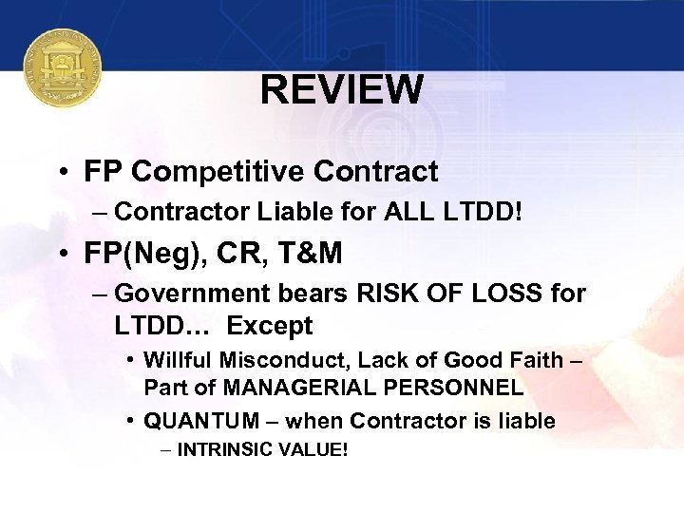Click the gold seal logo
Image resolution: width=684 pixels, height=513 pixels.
pyautogui.click(x=63, y=67)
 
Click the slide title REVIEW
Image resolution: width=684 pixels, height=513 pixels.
pyautogui.click(x=342, y=90)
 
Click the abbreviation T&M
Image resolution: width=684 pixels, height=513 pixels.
pyautogui.click(x=312, y=255)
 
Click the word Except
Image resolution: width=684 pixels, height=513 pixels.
pyautogui.click(x=270, y=326)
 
